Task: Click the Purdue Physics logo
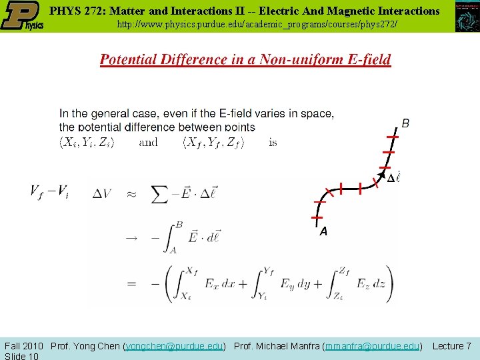22,16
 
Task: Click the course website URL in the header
257,24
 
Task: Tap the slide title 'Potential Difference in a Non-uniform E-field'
245,59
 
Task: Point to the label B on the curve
405,123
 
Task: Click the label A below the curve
323,232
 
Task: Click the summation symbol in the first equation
160,194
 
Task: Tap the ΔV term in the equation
103,194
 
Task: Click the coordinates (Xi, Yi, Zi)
87,142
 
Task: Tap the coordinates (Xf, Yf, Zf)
214,142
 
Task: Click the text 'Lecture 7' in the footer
452,346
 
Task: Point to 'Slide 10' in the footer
21,355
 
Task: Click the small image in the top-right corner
467,17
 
